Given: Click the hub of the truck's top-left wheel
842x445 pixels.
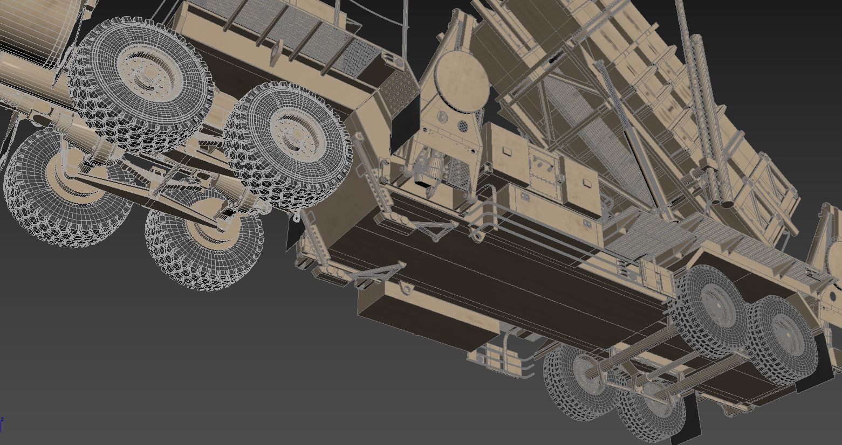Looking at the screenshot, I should pyautogui.click(x=145, y=79).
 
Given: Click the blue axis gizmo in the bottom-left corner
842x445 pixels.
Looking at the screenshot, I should pyautogui.click(x=2, y=424).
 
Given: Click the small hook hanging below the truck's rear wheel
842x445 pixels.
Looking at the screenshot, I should pyautogui.click(x=296, y=217).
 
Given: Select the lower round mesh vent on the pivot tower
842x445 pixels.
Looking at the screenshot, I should pyautogui.click(x=463, y=126).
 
